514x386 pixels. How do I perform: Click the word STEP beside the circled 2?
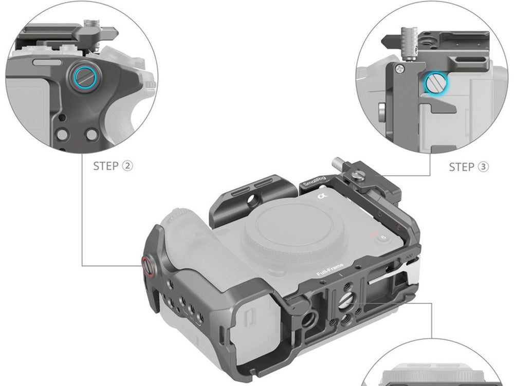click(105, 166)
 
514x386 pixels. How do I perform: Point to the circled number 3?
click(483, 167)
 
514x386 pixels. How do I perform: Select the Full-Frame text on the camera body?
click(330, 270)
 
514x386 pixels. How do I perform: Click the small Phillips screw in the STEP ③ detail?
click(399, 69)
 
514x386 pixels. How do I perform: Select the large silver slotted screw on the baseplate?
click(347, 300)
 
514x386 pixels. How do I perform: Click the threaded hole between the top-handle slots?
click(252, 198)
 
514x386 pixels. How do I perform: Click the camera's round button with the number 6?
click(382, 237)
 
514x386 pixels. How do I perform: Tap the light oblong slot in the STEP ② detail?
click(47, 62)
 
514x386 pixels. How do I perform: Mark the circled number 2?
click(127, 166)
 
